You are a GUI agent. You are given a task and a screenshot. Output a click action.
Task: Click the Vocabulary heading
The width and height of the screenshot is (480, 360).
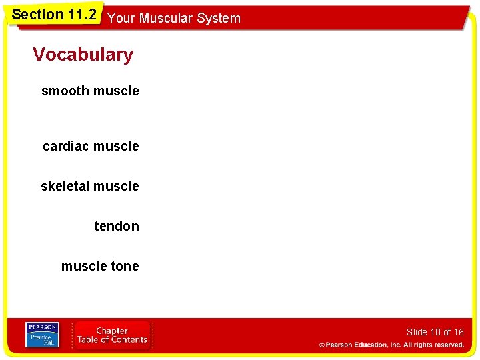(x=83, y=55)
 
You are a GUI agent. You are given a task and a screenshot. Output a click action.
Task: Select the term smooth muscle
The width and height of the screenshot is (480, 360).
(x=90, y=91)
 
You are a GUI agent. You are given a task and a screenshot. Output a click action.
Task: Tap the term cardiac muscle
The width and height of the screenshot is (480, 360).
(x=91, y=146)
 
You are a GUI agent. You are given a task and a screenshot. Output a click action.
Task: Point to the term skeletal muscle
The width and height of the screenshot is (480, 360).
(x=90, y=186)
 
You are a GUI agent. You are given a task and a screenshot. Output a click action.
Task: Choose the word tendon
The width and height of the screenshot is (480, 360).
(x=117, y=226)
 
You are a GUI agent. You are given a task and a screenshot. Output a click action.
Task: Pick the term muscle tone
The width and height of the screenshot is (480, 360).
(x=100, y=266)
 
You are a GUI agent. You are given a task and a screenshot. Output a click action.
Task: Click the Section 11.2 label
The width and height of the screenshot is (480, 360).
(x=54, y=15)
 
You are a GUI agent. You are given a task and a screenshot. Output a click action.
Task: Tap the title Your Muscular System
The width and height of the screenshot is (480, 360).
(x=173, y=18)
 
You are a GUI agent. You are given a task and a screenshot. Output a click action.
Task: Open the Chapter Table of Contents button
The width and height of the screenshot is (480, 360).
(x=112, y=335)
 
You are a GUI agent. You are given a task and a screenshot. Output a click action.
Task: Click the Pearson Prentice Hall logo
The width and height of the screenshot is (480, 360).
(x=42, y=335)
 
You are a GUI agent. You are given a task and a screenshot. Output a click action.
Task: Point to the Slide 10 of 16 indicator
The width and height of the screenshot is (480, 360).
(x=435, y=332)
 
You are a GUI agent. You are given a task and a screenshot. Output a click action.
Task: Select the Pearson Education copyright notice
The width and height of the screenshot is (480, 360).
(x=391, y=345)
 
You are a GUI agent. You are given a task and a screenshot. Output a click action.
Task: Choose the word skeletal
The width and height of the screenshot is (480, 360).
(x=65, y=186)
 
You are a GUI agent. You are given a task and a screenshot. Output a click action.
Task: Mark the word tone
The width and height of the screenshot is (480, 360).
(x=125, y=266)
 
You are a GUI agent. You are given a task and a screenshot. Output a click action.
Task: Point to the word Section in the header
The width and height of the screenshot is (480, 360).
(x=37, y=15)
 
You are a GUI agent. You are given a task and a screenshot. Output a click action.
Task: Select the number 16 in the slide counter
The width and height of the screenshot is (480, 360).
(x=458, y=332)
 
